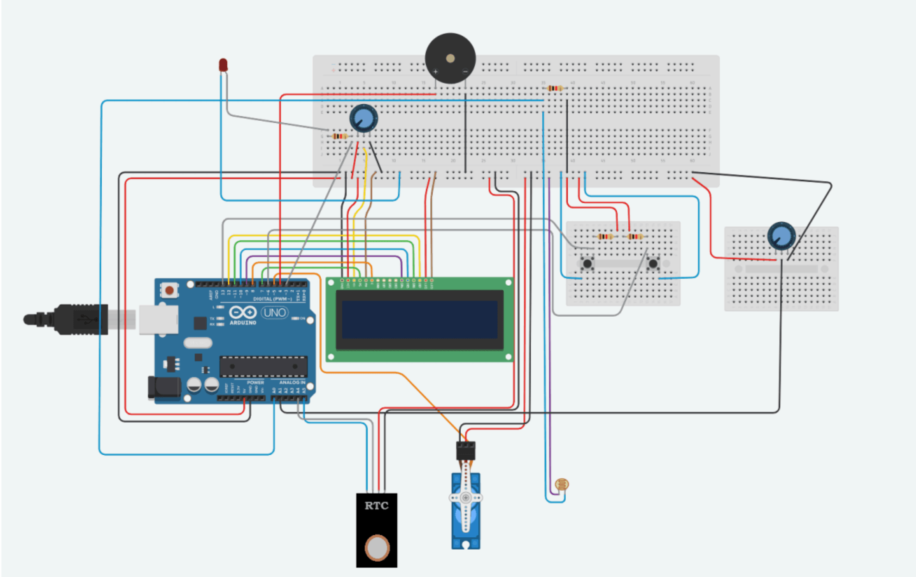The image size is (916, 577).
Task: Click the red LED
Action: pos(223,65)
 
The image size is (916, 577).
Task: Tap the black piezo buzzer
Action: pos(450,58)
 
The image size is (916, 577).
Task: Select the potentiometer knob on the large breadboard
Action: pos(363,119)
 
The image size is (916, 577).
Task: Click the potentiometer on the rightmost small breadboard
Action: pos(781,236)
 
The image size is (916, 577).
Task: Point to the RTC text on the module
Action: pos(376,506)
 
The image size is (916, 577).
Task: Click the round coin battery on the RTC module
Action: pos(377,548)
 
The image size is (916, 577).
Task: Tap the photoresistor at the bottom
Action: pos(562,484)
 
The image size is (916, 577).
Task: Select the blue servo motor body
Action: pos(466,509)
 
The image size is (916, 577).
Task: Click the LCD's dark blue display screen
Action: pos(419,320)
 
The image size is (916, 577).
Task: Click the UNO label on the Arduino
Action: pos(274,313)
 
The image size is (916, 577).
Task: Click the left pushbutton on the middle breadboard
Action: pos(587,263)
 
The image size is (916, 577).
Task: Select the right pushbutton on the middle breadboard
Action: pos(653,263)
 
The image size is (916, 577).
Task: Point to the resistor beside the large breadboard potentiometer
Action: pos(340,136)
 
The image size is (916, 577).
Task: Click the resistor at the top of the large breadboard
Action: pos(554,88)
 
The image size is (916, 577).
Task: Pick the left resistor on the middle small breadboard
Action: pos(605,237)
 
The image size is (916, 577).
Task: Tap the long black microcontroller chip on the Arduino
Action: pos(263,366)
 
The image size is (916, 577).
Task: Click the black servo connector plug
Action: pos(465,451)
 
